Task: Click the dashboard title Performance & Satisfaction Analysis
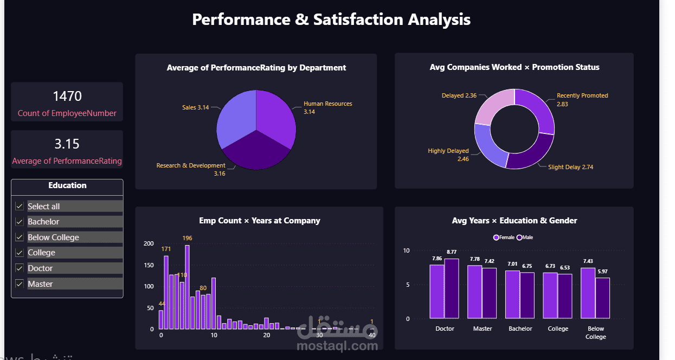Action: [x=331, y=20]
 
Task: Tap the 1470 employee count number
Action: [x=67, y=97]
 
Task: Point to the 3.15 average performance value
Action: [x=67, y=144]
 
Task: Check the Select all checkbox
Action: [x=20, y=207]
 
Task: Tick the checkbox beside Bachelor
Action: [x=20, y=222]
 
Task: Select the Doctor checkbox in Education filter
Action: [x=20, y=268]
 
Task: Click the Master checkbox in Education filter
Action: [x=20, y=284]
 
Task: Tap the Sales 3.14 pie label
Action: [x=195, y=107]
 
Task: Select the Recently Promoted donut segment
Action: [x=537, y=108]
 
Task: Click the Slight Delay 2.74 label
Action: [x=570, y=167]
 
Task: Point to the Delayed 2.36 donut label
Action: [x=459, y=95]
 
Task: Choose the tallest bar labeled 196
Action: [x=187, y=287]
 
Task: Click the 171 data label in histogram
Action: [x=166, y=249]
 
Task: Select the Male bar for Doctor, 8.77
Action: [x=452, y=288]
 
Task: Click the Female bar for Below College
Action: [x=588, y=293]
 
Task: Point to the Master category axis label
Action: [x=483, y=329]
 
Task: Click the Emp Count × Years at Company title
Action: [x=259, y=221]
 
